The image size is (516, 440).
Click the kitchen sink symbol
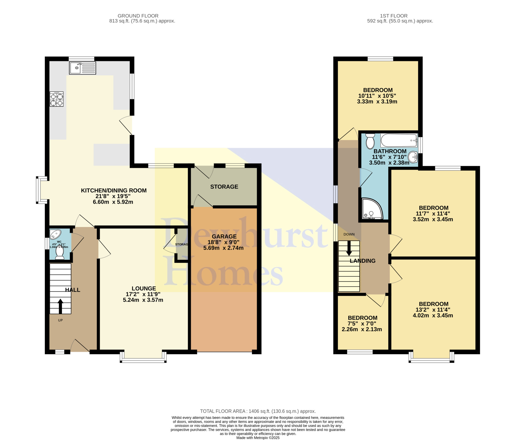click(x=83, y=68)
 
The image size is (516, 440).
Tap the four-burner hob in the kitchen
click(x=57, y=99)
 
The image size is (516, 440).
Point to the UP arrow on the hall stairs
click(x=60, y=306)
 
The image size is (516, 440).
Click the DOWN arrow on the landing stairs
click(x=349, y=248)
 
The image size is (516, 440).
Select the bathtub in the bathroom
click(x=399, y=140)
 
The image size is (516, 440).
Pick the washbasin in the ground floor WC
click(x=55, y=234)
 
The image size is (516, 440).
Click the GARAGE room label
click(x=224, y=237)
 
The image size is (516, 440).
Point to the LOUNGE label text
click(x=144, y=289)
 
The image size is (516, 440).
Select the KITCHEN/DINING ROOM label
click(x=114, y=191)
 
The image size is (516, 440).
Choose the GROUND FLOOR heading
click(x=138, y=16)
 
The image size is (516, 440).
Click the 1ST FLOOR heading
click(x=394, y=16)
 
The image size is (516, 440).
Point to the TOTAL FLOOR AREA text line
click(x=258, y=411)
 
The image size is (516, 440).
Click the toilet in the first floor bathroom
click(x=370, y=141)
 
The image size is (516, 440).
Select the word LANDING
click(x=362, y=261)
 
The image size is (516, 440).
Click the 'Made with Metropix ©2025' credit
click(x=258, y=438)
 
